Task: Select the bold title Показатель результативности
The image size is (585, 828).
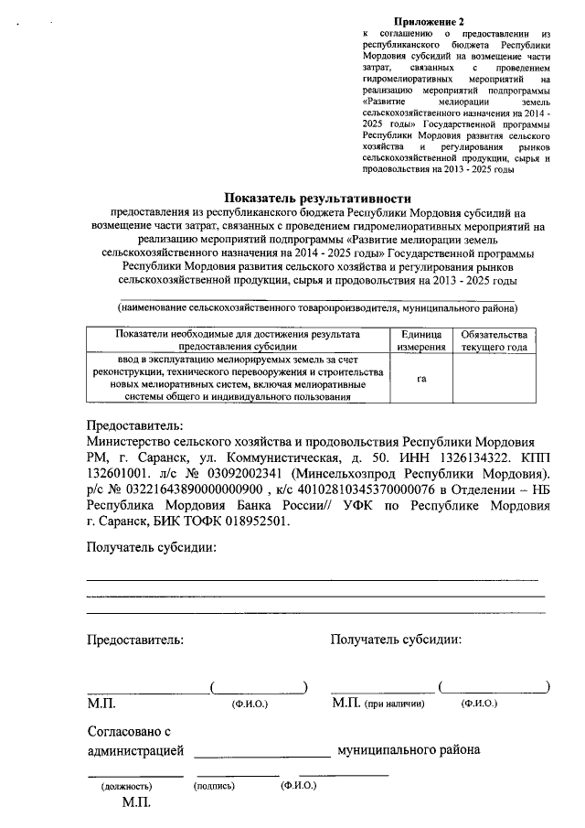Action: (x=319, y=198)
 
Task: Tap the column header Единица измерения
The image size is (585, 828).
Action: (x=420, y=341)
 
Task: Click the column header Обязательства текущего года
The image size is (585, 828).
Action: (x=494, y=341)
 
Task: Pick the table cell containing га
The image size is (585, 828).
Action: (x=420, y=378)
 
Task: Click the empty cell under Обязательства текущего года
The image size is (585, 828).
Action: (x=494, y=378)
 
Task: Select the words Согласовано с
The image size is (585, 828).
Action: (x=129, y=732)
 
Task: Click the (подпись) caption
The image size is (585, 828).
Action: (x=215, y=786)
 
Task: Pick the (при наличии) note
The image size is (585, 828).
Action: (x=395, y=704)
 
